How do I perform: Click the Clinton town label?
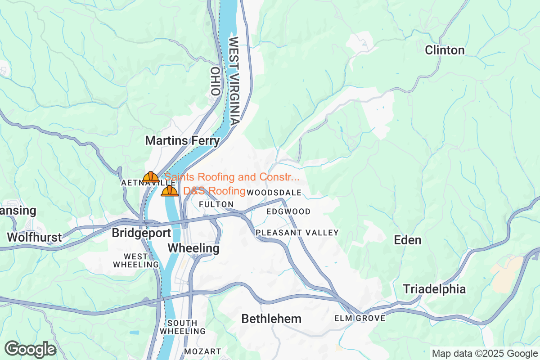(x=445, y=50)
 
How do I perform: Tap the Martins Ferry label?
(x=182, y=141)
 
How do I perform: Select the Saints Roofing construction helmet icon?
(x=151, y=177)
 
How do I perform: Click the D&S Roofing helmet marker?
(x=170, y=191)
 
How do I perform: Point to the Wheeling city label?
(x=193, y=248)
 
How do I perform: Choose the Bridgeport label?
(x=141, y=233)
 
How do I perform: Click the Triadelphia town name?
(x=434, y=289)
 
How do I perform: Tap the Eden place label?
(x=408, y=240)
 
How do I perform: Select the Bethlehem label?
(x=271, y=319)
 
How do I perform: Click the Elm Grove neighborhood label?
(x=360, y=319)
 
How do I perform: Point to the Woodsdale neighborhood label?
(x=274, y=193)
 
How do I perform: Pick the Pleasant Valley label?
(x=297, y=233)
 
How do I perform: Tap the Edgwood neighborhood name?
(x=288, y=211)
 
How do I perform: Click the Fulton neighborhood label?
(x=216, y=204)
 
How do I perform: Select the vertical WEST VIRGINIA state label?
(x=234, y=81)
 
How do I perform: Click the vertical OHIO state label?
(x=215, y=81)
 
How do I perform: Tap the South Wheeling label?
(x=182, y=327)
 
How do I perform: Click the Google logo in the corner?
(x=30, y=349)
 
